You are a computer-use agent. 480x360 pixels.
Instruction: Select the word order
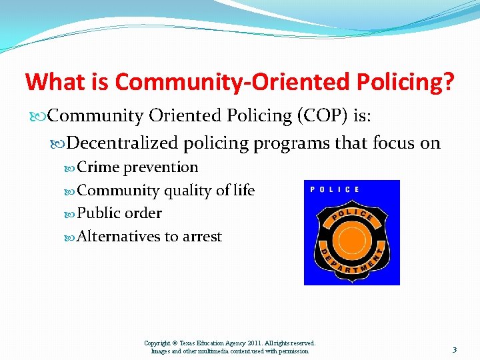coord(143,213)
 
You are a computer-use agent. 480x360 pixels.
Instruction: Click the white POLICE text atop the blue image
coord(335,189)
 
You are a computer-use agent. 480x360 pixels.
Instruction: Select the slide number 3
coord(454,349)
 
